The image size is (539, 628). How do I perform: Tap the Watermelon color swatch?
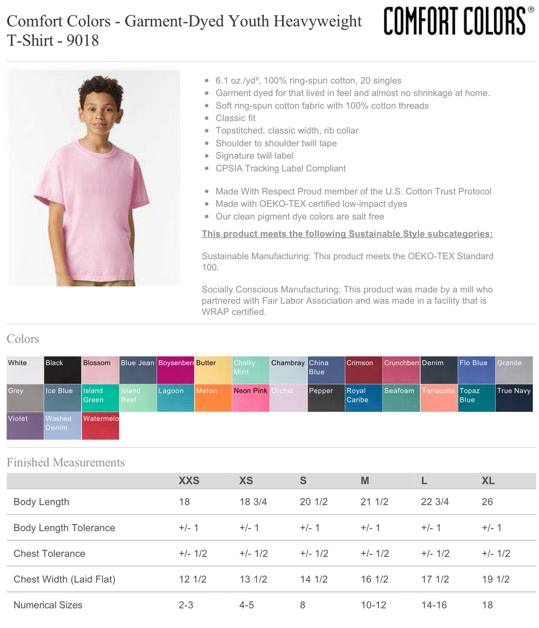click(x=100, y=426)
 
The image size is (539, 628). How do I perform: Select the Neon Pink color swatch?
click(x=251, y=398)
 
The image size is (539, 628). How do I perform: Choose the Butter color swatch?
click(x=213, y=370)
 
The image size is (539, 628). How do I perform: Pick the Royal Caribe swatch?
click(x=363, y=398)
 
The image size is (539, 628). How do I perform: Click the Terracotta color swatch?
click(x=439, y=398)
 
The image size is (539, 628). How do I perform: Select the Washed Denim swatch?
click(x=63, y=426)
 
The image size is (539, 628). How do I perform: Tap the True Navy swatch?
click(x=514, y=398)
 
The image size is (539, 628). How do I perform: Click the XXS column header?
click(x=189, y=481)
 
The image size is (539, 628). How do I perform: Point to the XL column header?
click(x=488, y=481)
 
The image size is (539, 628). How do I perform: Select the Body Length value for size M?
click(x=374, y=502)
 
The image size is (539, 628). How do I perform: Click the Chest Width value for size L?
click(x=435, y=579)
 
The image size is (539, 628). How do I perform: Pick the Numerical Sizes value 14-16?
click(x=434, y=605)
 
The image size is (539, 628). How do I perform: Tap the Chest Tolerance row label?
click(x=49, y=553)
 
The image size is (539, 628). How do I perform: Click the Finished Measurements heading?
click(x=66, y=462)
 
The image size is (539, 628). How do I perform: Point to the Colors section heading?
click(x=23, y=339)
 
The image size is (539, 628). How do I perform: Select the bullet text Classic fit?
click(x=235, y=118)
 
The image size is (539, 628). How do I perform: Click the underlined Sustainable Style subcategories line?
click(x=347, y=234)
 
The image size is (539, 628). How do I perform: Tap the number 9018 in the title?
click(x=82, y=41)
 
